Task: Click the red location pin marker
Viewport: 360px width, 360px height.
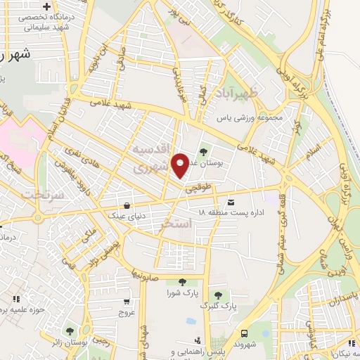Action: [181, 165]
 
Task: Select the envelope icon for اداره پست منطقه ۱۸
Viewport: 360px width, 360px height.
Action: [231, 202]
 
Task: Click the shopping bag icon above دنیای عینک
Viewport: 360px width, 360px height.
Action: [126, 205]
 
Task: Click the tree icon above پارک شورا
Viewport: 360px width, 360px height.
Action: [183, 282]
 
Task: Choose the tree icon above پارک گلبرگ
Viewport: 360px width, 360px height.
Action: [218, 295]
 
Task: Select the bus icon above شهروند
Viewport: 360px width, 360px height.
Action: [244, 333]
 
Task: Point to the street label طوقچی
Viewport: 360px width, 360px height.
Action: [198, 188]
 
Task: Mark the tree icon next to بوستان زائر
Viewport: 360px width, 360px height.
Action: [70, 330]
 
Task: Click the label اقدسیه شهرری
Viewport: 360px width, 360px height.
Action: [152, 160]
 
